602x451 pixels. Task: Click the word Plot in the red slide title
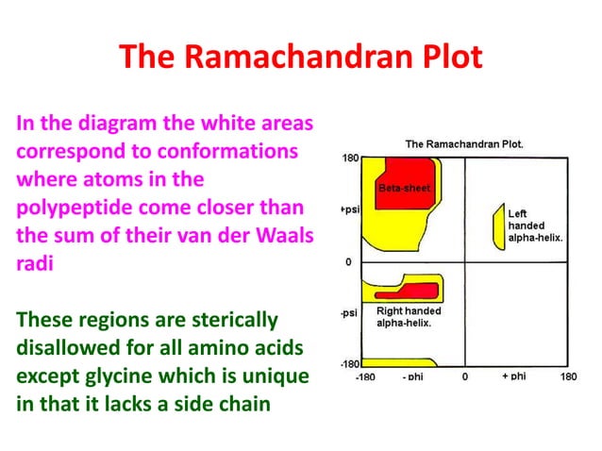point(442,58)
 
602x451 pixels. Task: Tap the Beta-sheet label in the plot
point(404,189)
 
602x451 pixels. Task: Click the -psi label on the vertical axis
point(347,312)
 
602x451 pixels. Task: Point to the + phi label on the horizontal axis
point(512,376)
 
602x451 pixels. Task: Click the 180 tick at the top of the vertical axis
point(349,158)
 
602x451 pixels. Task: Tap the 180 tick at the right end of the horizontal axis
point(568,376)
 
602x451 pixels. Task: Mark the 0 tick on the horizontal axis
point(464,376)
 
